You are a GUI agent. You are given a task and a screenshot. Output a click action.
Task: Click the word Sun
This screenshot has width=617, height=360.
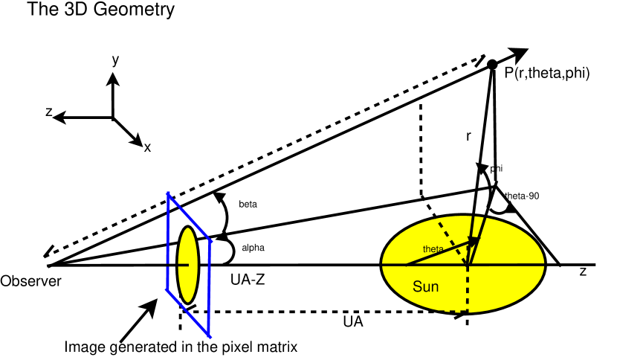pyautogui.click(x=425, y=286)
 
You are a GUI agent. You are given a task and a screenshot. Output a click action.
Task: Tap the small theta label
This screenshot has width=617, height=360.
pyautogui.click(x=433, y=249)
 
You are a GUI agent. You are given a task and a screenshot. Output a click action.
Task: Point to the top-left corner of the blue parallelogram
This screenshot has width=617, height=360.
pyautogui.click(x=168, y=194)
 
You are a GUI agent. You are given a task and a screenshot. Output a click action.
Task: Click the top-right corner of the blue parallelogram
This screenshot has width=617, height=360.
pyautogui.click(x=211, y=242)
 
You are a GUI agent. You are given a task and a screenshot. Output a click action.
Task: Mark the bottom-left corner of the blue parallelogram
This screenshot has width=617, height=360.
pyautogui.click(x=167, y=290)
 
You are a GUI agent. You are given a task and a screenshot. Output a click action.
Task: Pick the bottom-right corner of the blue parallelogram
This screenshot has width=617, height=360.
pyautogui.click(x=210, y=336)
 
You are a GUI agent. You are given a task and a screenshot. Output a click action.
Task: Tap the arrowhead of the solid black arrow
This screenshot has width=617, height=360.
pyautogui.click(x=474, y=241)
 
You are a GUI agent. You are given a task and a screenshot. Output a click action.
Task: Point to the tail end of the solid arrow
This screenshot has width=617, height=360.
pyautogui.click(x=406, y=264)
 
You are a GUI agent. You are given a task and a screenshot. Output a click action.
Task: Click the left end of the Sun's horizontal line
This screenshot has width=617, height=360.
pyautogui.click(x=384, y=264)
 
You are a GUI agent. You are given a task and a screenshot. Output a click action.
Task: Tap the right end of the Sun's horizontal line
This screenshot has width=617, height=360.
pyautogui.click(x=543, y=264)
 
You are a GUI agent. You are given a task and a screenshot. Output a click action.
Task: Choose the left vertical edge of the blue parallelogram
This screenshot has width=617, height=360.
pyautogui.click(x=167, y=242)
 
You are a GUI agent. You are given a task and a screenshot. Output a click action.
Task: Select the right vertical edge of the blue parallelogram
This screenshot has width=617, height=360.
pyautogui.click(x=210, y=289)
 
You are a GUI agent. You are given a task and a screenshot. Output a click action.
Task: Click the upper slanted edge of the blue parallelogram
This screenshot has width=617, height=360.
pyautogui.click(x=190, y=218)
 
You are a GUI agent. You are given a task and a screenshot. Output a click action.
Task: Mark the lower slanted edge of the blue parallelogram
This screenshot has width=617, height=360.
pyautogui.click(x=188, y=313)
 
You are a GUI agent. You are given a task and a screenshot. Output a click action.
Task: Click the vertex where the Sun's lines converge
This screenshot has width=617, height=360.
pyautogui.click(x=468, y=264)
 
